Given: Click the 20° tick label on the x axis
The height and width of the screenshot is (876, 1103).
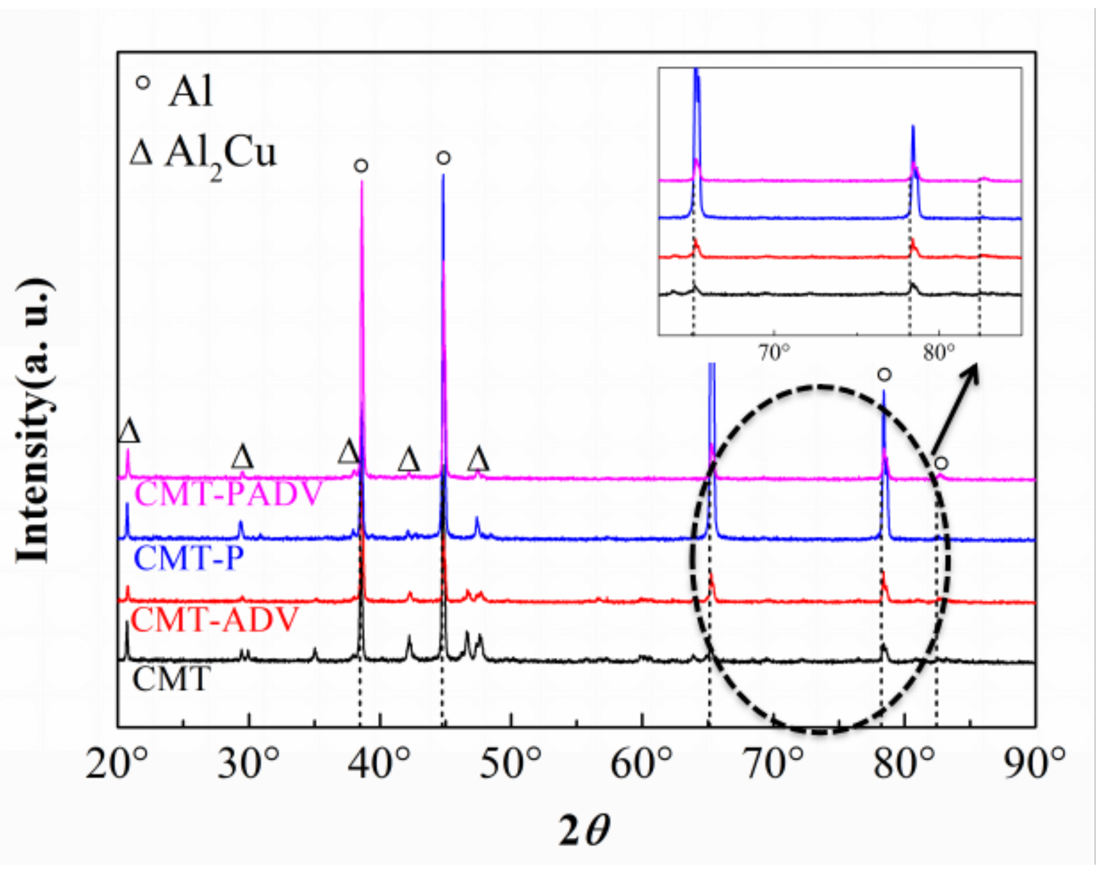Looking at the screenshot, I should [x=116, y=764].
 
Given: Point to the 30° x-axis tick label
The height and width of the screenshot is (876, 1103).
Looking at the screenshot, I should [x=248, y=764].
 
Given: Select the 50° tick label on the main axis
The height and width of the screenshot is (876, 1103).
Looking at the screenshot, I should [x=510, y=764].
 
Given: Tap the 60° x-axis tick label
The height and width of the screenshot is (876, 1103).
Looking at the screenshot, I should [x=641, y=764].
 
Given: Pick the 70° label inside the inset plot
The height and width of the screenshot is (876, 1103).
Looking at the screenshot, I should [x=774, y=353].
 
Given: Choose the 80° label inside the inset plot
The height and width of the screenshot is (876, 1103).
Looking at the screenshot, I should [x=939, y=353].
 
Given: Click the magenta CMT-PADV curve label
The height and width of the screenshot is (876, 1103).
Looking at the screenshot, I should [x=228, y=494].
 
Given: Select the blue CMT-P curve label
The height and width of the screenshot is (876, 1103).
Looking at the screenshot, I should [x=188, y=558].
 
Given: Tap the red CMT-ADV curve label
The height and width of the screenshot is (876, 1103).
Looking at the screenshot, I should [x=214, y=619].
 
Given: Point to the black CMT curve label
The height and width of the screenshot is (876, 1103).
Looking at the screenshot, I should [x=171, y=679].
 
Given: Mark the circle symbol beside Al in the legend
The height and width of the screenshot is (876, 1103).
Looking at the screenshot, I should [x=142, y=84].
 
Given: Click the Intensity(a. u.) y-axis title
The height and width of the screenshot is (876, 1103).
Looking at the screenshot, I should [x=34, y=421].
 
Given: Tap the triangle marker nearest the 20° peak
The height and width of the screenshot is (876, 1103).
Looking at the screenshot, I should [x=129, y=431].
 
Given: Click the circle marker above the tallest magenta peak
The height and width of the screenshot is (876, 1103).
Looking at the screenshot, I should [x=361, y=166].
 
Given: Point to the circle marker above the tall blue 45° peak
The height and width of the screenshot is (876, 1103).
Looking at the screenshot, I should [x=443, y=158].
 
